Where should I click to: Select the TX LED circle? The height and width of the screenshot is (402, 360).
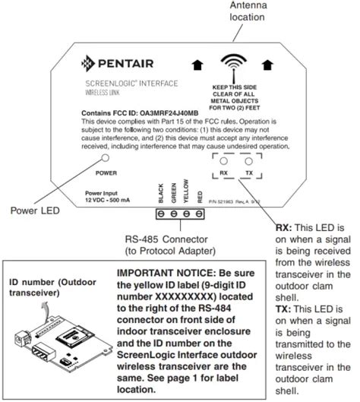coord(248,161)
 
